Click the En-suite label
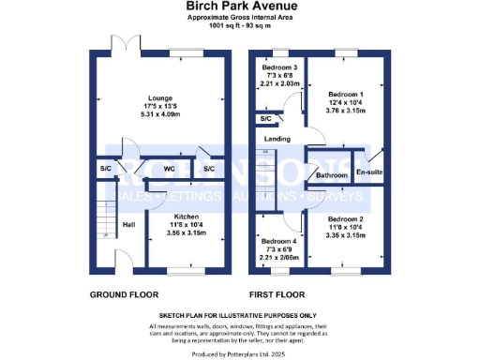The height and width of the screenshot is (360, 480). pos(367,172)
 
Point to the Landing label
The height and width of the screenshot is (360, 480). pos(277,139)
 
